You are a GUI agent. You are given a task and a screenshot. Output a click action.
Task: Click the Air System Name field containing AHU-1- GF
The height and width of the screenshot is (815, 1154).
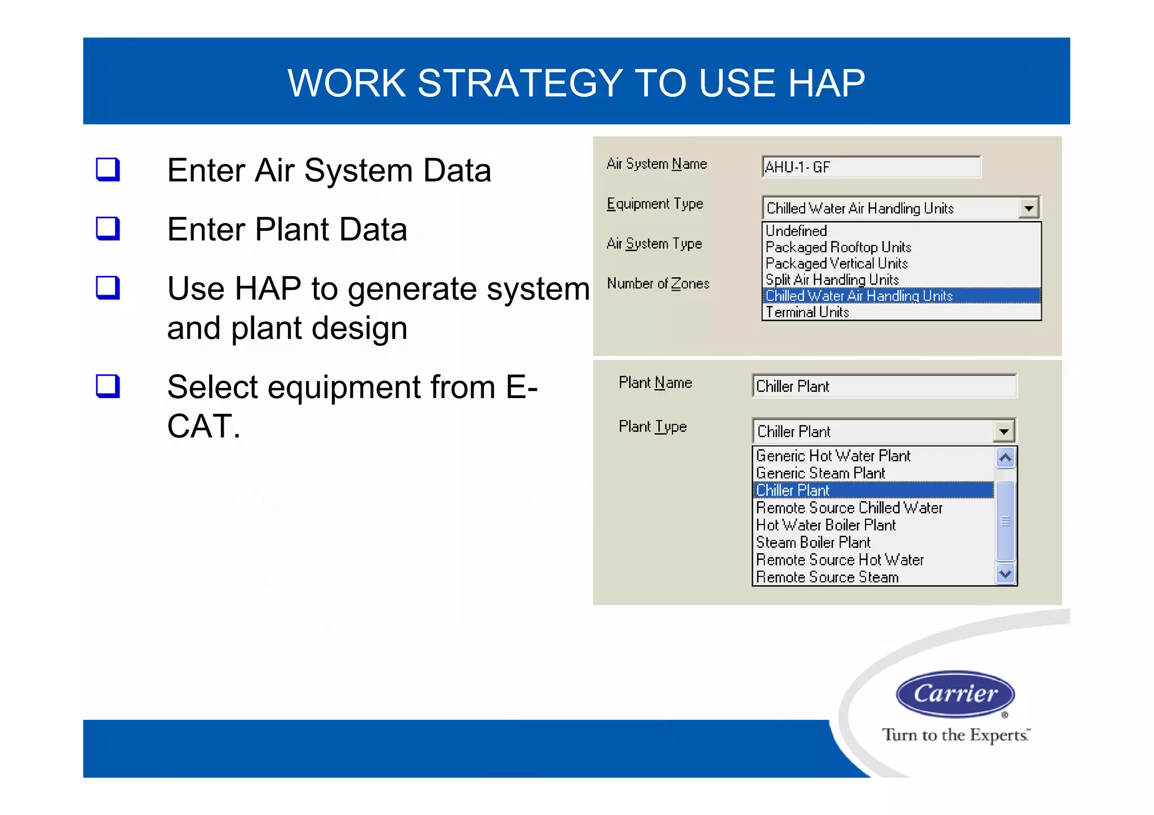871,167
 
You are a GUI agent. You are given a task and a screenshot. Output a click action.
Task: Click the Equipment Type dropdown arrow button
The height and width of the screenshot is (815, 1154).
1029,208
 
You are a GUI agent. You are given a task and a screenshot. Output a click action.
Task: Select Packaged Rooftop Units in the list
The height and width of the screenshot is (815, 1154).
838,247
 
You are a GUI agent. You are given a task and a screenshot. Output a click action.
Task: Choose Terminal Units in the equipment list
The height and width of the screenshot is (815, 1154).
807,312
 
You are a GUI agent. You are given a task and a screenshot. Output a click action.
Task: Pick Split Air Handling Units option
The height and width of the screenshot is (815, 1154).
832,280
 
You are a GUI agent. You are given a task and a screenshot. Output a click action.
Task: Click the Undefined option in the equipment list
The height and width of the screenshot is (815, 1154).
796,231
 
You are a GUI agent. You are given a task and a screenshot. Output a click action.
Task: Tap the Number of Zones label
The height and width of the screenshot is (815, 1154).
658,284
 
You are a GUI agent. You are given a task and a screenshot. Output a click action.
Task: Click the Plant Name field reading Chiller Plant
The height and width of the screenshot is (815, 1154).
884,386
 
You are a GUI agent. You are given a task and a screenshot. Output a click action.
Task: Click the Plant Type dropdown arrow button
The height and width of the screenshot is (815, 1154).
1004,432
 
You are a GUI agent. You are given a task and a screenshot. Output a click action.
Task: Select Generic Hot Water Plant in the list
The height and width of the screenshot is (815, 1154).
833,456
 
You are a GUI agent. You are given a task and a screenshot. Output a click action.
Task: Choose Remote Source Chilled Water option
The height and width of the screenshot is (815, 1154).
849,508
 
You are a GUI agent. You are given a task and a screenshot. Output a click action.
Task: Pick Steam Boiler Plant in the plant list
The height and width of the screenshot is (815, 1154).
813,542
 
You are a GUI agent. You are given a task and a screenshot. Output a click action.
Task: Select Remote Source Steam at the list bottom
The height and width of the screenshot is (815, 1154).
827,577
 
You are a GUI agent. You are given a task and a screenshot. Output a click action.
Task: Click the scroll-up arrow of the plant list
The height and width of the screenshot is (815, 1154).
1005,457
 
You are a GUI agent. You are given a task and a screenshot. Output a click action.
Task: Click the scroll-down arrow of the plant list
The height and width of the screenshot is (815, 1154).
1005,574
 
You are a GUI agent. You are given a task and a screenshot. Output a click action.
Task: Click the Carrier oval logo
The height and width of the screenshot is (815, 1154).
955,693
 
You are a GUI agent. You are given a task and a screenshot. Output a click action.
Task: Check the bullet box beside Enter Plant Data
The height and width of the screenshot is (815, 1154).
108,229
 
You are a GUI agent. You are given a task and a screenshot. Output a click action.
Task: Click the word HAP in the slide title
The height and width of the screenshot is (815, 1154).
826,83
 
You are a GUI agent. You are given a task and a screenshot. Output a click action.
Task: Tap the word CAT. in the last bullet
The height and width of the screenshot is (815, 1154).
203,426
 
